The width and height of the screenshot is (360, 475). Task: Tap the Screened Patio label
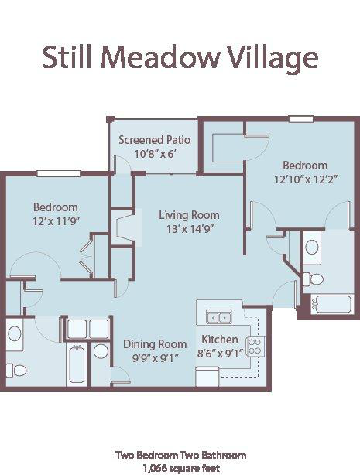(x=154, y=140)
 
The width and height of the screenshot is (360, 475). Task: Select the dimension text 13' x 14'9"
(x=188, y=229)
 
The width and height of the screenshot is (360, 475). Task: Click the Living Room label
(x=189, y=215)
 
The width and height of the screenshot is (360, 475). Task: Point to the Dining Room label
(x=155, y=344)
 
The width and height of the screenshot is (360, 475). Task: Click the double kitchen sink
(x=218, y=317)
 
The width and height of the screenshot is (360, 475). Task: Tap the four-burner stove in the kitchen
(x=255, y=347)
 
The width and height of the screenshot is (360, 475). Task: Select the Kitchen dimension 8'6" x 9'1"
(x=220, y=354)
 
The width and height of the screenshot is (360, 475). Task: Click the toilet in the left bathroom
(x=16, y=371)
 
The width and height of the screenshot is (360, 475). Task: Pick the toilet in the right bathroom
(x=313, y=279)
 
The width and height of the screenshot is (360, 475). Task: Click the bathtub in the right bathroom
(x=331, y=304)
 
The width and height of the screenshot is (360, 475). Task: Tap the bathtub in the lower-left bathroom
(x=77, y=364)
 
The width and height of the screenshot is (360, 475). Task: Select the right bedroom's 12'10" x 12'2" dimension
(x=306, y=179)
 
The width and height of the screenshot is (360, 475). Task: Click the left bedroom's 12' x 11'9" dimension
(x=56, y=221)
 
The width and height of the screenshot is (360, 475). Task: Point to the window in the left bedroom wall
(x=59, y=173)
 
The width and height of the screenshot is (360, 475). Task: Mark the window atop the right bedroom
(x=301, y=119)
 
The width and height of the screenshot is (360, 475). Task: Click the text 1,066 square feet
(x=182, y=468)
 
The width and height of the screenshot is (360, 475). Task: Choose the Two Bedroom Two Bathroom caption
(x=181, y=455)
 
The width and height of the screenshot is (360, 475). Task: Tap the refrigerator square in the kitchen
(x=207, y=377)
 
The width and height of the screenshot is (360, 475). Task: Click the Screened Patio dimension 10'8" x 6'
(x=155, y=154)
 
